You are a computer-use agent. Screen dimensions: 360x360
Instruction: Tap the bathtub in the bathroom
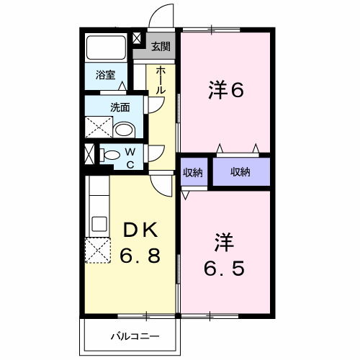107,49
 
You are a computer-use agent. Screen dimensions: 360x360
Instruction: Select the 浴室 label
106,74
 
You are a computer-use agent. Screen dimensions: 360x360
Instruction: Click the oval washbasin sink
124,130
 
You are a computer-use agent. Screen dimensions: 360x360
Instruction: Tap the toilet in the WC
112,154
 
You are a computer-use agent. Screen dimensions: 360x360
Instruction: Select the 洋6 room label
227,91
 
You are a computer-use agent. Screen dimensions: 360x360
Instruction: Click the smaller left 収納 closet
192,171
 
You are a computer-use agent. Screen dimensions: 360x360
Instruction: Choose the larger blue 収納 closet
240,171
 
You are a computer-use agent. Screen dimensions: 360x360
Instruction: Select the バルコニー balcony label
135,336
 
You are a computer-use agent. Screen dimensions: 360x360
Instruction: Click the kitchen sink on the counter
99,222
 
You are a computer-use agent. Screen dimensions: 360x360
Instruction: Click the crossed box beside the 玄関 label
139,41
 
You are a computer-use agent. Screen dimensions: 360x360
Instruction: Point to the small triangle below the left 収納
185,195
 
